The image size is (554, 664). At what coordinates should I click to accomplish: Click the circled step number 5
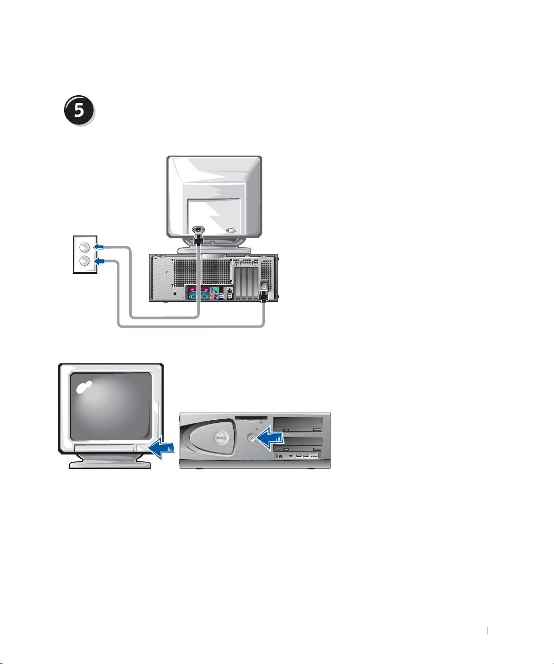(80, 111)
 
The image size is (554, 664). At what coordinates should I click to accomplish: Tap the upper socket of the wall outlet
(86, 248)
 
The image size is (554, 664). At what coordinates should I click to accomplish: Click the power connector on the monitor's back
(197, 230)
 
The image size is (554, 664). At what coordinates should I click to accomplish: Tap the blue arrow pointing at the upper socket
(98, 247)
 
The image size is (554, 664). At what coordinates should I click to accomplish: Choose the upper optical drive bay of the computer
(299, 423)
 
